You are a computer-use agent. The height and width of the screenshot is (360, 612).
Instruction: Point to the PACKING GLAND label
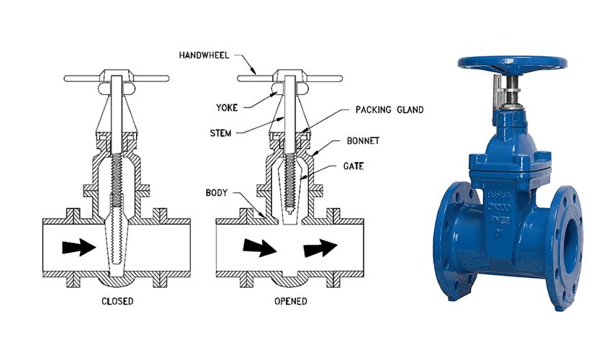(x=390, y=110)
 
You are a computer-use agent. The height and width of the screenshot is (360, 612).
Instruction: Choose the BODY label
(x=218, y=194)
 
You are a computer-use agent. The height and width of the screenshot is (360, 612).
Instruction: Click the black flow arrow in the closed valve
(x=78, y=247)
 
